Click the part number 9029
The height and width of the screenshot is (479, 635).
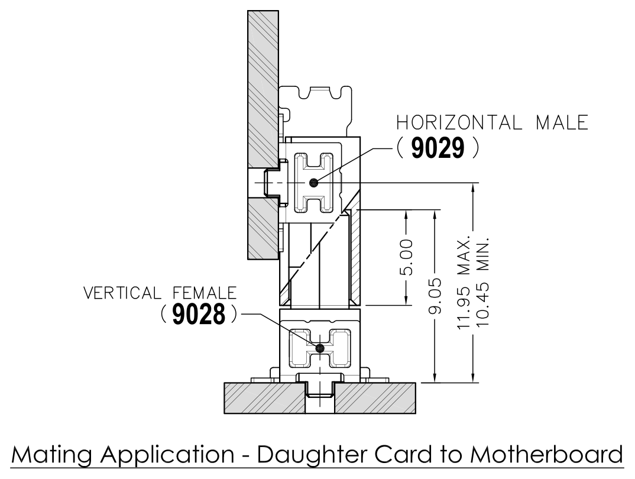click(438, 148)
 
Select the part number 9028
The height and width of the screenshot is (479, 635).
click(199, 315)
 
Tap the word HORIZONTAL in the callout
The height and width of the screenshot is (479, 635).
click(457, 122)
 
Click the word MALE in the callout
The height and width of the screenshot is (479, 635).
click(562, 122)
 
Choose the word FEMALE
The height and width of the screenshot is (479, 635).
click(205, 293)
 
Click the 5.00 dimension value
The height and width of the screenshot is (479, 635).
click(407, 257)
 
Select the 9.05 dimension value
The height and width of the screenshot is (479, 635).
click(435, 296)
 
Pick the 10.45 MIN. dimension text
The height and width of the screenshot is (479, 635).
click(482, 282)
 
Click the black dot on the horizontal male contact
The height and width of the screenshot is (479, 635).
click(313, 183)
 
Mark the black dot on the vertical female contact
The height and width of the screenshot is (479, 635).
click(320, 347)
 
